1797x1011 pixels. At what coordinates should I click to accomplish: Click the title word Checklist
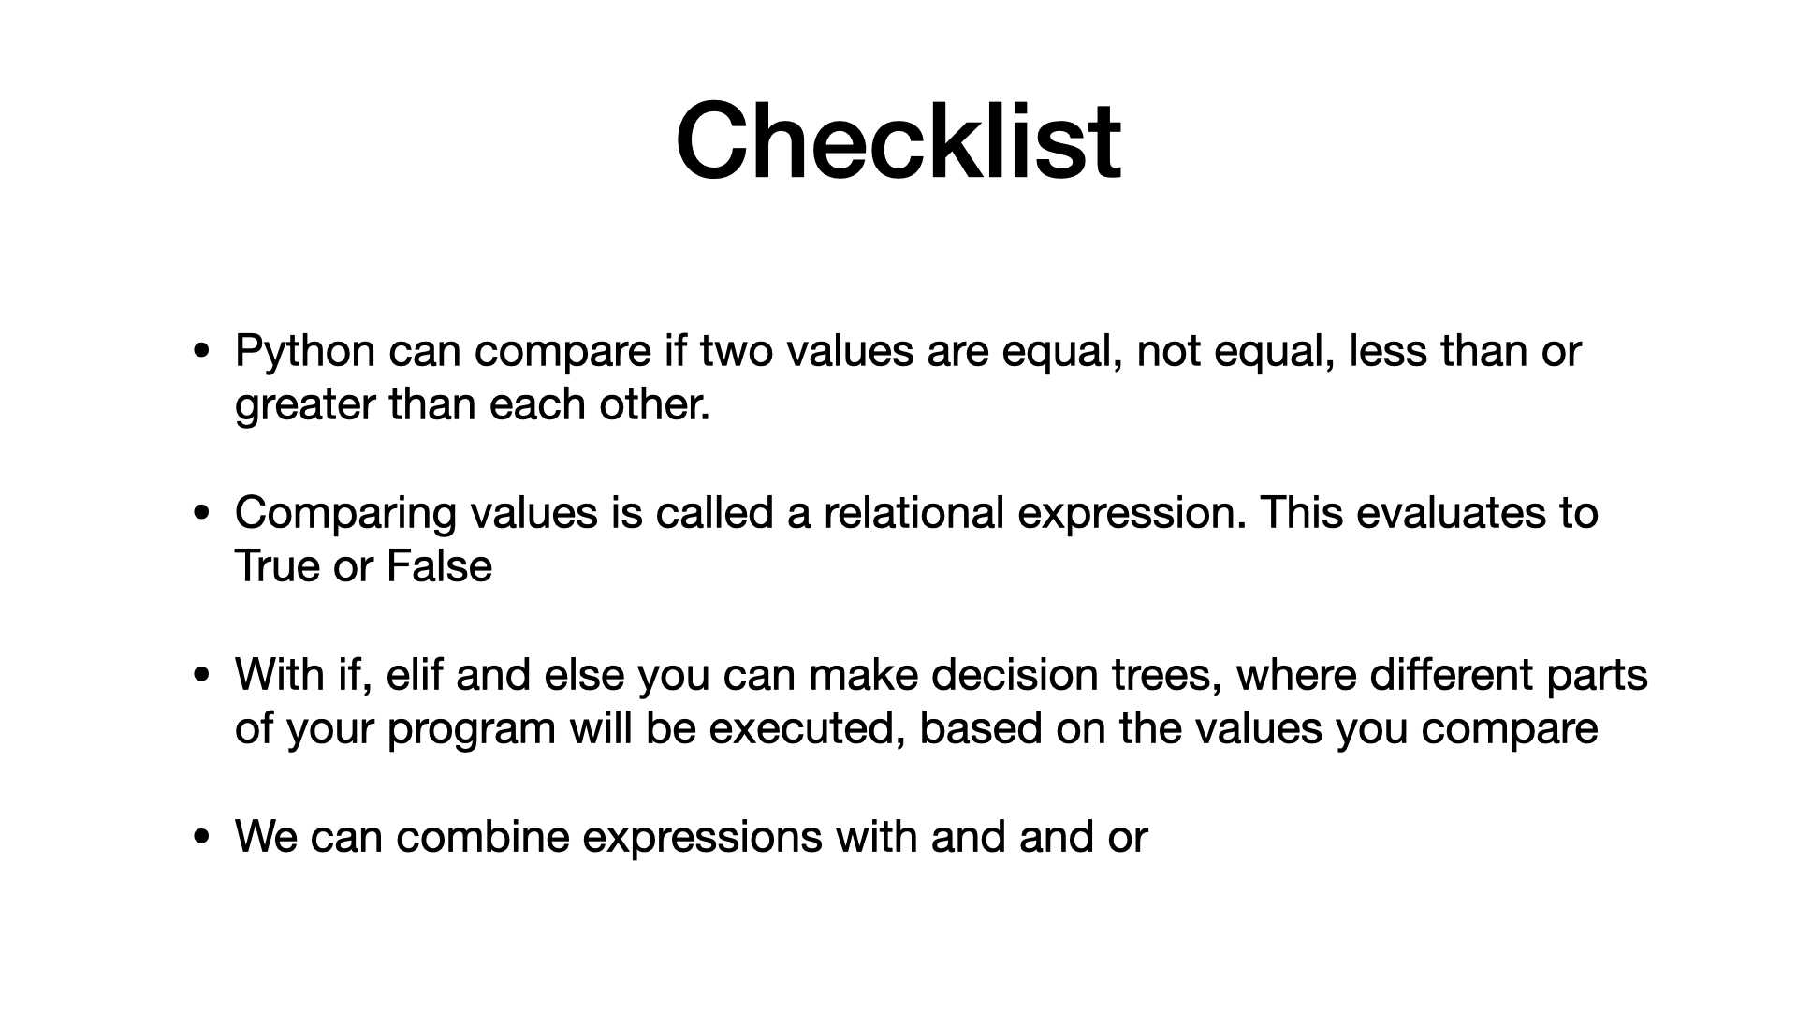pyautogui.click(x=898, y=140)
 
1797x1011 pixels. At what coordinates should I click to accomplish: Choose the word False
pyautogui.click(x=439, y=566)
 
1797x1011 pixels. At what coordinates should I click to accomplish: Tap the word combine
pyautogui.click(x=482, y=836)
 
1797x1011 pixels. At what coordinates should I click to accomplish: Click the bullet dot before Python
pyautogui.click(x=201, y=353)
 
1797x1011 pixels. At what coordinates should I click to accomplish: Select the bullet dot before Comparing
pyautogui.click(x=201, y=514)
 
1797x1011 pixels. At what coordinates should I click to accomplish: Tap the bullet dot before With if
pyautogui.click(x=201, y=676)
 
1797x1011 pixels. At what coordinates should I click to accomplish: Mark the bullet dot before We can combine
pyautogui.click(x=201, y=838)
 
